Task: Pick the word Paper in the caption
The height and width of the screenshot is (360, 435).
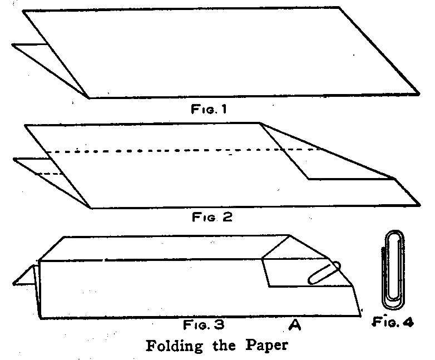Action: pos(269,345)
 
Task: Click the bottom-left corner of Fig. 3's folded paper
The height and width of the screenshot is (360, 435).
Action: pos(39,318)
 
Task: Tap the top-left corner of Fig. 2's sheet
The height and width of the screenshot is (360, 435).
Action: pos(25,126)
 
